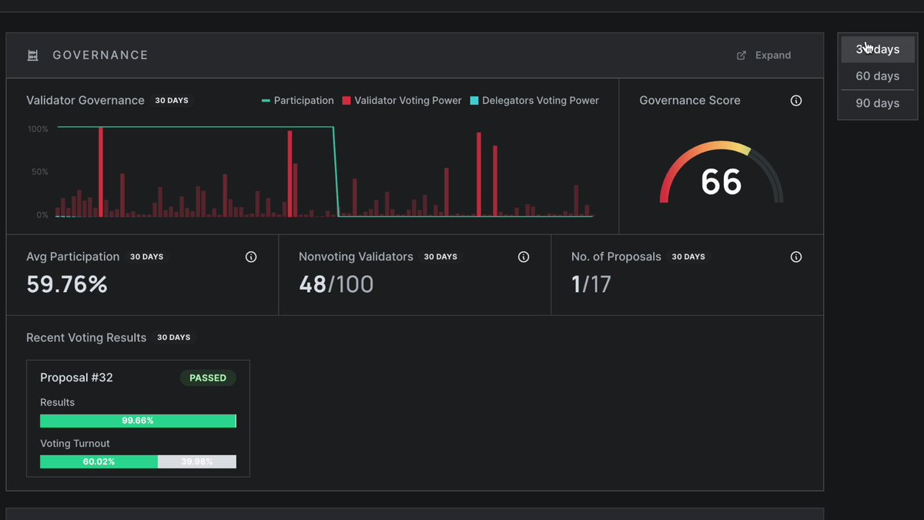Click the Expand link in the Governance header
(x=764, y=55)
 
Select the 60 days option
(x=877, y=76)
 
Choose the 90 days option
(x=877, y=103)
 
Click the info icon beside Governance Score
(x=796, y=101)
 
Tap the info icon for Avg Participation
(x=251, y=257)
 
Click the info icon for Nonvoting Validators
(x=524, y=257)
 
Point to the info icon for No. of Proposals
(x=796, y=257)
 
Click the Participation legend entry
(x=298, y=101)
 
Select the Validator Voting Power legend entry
(x=402, y=101)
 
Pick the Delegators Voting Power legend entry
(x=534, y=101)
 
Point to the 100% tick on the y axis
(x=38, y=129)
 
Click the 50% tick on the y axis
(x=39, y=172)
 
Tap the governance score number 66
(x=721, y=182)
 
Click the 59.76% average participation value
(x=67, y=284)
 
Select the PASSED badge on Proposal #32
(x=208, y=378)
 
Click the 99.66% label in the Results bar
(x=138, y=421)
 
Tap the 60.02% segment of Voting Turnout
(x=99, y=461)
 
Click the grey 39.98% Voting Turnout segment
(x=197, y=461)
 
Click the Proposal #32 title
(x=76, y=377)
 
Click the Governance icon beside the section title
(x=32, y=55)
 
